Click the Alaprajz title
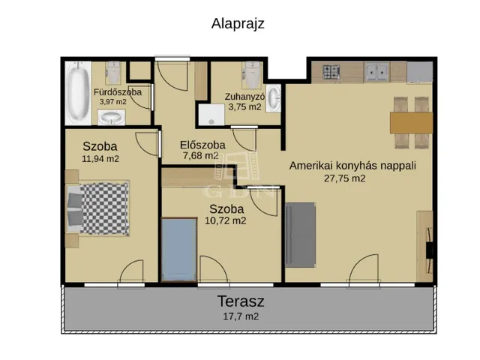click(238, 24)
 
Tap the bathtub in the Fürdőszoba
click(78, 92)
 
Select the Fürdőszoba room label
click(118, 92)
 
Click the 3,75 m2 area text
click(244, 106)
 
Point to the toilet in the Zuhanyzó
click(252, 75)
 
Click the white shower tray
click(211, 115)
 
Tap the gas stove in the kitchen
click(331, 72)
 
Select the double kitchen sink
click(377, 72)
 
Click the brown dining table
click(412, 123)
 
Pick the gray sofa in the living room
click(300, 235)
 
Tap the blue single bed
click(179, 250)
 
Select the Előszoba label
click(202, 145)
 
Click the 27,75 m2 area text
click(345, 178)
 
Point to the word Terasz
click(241, 301)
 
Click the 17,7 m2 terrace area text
click(241, 316)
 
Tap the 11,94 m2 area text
click(100, 158)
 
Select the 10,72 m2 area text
click(225, 220)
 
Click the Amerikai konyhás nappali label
click(352, 166)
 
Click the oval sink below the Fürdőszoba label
click(111, 118)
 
